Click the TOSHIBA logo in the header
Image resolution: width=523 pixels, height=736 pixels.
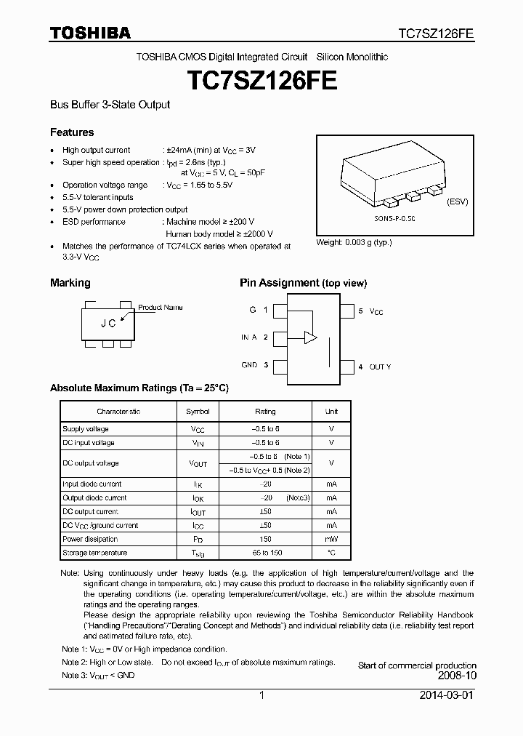click(90, 33)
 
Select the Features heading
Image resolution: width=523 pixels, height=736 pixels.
click(72, 132)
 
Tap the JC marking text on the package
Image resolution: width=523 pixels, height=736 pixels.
click(108, 324)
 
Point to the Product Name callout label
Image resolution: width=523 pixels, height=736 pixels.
click(161, 308)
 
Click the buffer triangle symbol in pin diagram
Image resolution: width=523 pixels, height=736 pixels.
click(311, 337)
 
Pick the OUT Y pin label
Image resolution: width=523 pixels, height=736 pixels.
click(380, 367)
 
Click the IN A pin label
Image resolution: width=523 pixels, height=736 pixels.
click(249, 337)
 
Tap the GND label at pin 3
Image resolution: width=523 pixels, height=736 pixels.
click(249, 365)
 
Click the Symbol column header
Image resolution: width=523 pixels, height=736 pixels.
click(198, 412)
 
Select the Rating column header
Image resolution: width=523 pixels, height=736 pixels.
click(265, 412)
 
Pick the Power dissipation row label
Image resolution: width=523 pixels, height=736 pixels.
click(89, 540)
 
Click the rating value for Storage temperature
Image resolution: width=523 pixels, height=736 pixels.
click(265, 553)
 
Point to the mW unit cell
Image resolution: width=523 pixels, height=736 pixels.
click(331, 540)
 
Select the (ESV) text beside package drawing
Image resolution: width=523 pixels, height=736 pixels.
click(458, 201)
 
